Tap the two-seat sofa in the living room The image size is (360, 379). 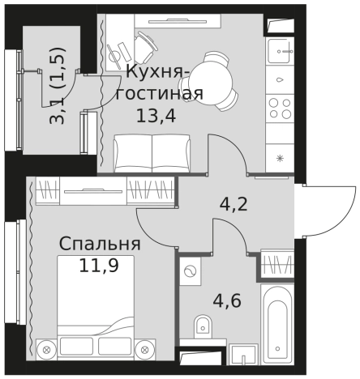pyautogui.click(x=151, y=153)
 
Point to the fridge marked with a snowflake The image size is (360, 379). pyautogui.click(x=280, y=157)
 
